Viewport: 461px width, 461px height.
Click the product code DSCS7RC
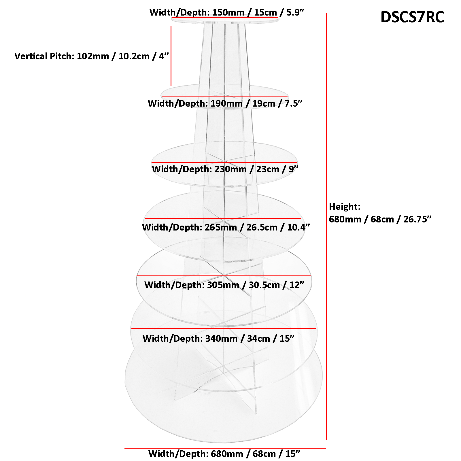tap(412, 17)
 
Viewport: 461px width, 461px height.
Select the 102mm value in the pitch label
tap(93, 56)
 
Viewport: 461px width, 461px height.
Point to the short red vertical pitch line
tap(171, 56)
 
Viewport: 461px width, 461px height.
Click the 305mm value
tap(223, 285)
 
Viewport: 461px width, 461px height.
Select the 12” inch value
tap(297, 285)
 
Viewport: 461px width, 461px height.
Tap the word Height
tap(345, 207)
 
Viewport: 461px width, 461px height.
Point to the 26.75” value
tap(417, 219)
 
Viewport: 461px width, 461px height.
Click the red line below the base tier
tap(225, 448)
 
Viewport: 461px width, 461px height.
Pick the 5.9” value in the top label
tap(295, 12)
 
